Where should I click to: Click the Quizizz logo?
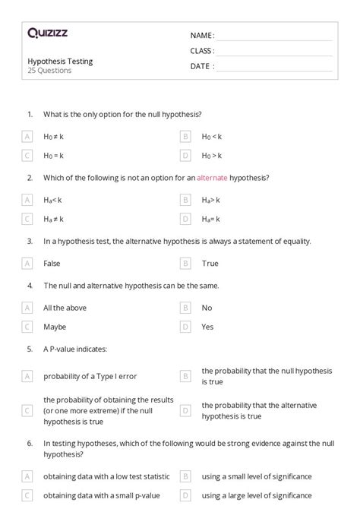coord(48,33)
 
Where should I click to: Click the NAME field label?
coord(201,36)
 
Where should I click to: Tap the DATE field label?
coord(201,66)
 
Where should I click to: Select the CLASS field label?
coord(202,51)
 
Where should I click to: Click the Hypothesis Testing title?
coord(60,62)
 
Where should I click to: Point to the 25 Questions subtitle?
coord(49,71)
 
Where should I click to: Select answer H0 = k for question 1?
coord(53,155)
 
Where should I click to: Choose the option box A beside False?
coord(27,263)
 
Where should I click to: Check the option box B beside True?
coord(185,263)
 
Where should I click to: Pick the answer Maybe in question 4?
coord(55,327)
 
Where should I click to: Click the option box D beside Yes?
coord(185,327)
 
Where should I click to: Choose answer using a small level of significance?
coord(256,476)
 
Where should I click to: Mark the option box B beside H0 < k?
coord(185,137)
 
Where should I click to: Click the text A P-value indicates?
coord(75,349)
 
